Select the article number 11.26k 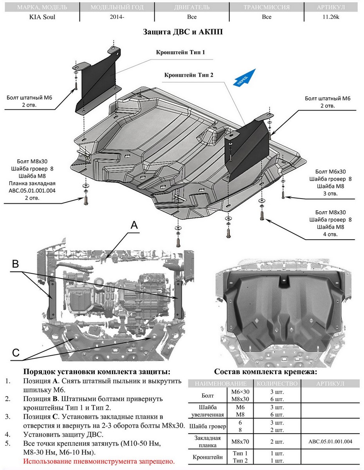pos(330,17)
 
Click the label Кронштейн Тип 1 pos(180,52)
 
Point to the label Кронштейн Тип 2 pos(189,74)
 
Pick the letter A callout pos(134,225)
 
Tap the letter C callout pos(15,352)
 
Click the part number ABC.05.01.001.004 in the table pos(330,441)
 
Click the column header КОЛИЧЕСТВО pos(277,383)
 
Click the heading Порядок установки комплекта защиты pos(97,372)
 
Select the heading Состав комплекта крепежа pos(265,372)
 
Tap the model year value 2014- pos(117,17)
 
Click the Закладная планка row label pos(207,441)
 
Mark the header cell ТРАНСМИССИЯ pos(267,7)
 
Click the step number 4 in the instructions pos(8,434)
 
